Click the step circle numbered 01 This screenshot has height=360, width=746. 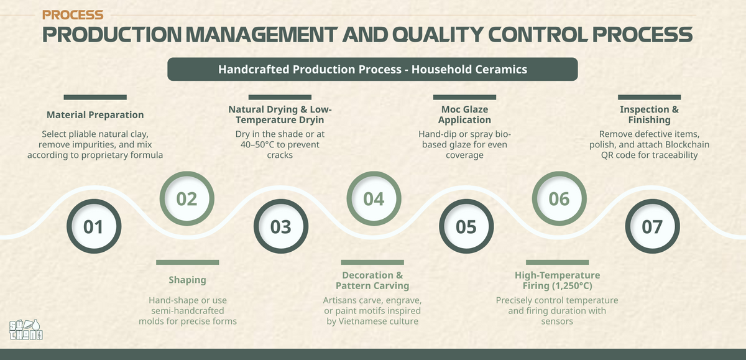click(94, 226)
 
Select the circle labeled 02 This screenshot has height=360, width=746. click(187, 198)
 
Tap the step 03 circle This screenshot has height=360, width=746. click(281, 226)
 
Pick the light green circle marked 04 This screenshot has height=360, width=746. click(374, 198)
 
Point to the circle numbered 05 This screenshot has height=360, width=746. click(466, 226)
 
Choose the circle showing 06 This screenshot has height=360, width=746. click(559, 198)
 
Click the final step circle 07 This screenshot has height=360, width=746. click(652, 226)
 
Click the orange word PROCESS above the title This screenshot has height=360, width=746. click(73, 15)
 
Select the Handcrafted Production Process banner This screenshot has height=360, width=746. click(372, 69)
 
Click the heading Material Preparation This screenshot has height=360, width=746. click(95, 115)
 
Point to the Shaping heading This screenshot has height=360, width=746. click(188, 280)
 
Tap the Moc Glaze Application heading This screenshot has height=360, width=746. click(464, 114)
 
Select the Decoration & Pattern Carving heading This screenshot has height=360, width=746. click(372, 280)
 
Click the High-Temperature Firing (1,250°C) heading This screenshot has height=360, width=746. click(558, 280)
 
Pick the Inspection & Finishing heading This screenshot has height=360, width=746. click(650, 114)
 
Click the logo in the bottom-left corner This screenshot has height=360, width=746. click(26, 330)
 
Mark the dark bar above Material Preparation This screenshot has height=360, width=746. click(95, 97)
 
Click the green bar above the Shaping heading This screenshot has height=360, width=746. click(188, 262)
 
